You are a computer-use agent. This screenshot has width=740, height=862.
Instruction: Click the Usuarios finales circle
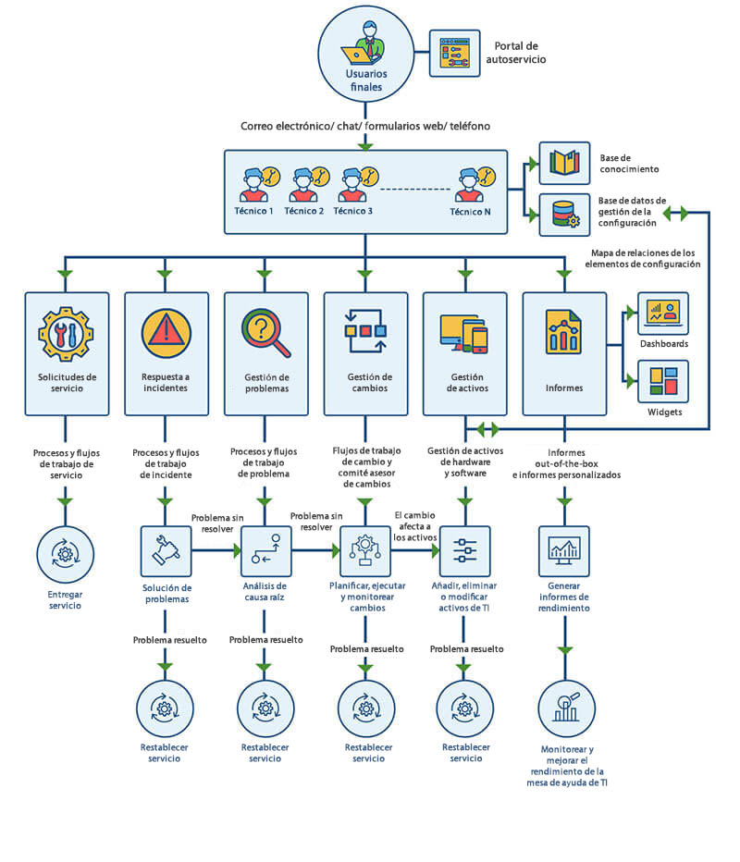click(x=364, y=56)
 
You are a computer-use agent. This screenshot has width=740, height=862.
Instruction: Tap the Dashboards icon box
click(x=663, y=315)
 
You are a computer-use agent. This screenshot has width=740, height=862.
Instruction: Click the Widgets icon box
click(x=663, y=381)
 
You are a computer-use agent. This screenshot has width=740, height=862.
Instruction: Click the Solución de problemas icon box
click(x=166, y=551)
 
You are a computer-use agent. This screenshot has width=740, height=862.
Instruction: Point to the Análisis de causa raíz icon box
click(x=266, y=551)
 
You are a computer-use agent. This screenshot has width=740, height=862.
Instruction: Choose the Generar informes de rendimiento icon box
click(x=564, y=551)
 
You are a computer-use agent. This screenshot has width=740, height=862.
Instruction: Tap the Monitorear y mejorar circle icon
click(x=564, y=708)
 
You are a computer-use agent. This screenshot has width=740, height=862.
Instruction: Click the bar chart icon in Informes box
click(x=563, y=335)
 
